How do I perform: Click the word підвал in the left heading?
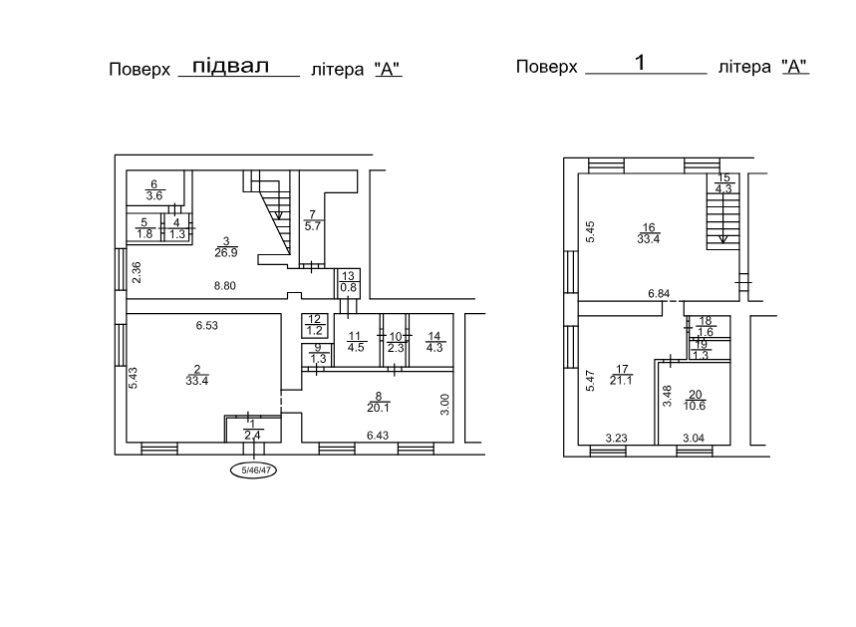(x=231, y=66)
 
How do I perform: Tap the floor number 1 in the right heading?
(x=641, y=62)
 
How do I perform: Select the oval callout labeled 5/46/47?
(x=253, y=470)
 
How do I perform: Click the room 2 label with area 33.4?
(x=197, y=376)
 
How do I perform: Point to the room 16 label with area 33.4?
(x=649, y=233)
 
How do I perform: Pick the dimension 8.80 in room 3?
(x=225, y=286)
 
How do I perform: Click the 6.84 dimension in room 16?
(x=659, y=293)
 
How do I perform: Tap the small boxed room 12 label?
(x=315, y=325)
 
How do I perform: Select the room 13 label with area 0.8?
(x=349, y=281)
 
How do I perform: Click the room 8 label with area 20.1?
(x=379, y=402)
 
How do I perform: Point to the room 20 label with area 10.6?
(x=695, y=401)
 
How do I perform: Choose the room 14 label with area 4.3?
(x=434, y=341)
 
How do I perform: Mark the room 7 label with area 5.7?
(x=312, y=220)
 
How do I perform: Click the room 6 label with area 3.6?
(x=153, y=190)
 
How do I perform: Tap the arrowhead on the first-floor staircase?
(x=723, y=238)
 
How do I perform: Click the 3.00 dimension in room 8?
(x=444, y=405)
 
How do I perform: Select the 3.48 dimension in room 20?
(x=667, y=396)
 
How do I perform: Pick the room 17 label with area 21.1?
(x=621, y=375)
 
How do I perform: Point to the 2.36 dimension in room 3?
(x=137, y=272)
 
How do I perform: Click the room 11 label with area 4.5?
(x=356, y=342)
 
